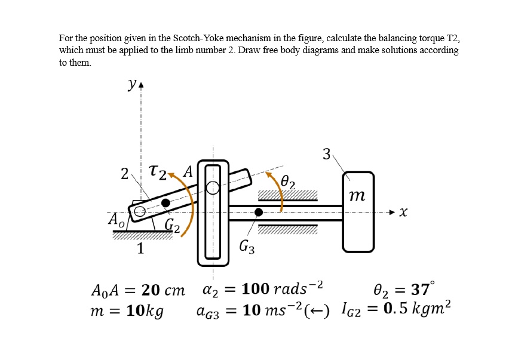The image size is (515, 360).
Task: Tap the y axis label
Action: pos(131,85)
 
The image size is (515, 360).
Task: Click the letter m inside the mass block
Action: pos(357,196)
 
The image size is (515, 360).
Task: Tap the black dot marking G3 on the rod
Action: pos(259,212)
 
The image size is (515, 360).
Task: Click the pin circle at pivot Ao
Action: pos(140,211)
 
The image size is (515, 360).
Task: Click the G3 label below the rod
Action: pos(247,245)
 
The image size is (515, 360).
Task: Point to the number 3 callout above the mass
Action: pos(326,154)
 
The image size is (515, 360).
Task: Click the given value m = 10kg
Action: pos(127,312)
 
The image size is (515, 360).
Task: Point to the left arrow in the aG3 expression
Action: pos(318,312)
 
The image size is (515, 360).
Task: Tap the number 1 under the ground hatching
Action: pos(140,248)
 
